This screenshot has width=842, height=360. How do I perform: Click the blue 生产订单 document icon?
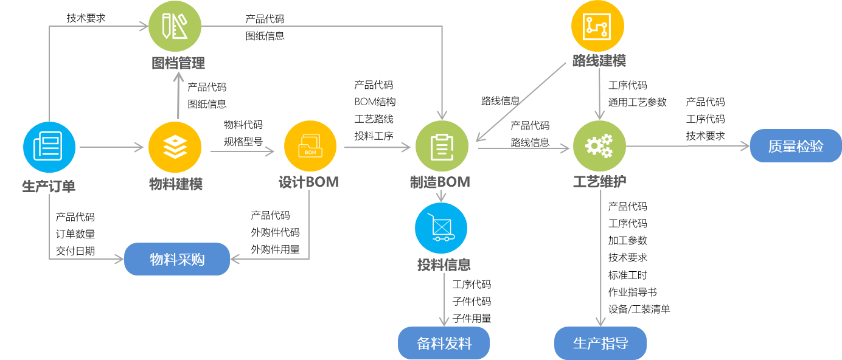pyautogui.click(x=49, y=147)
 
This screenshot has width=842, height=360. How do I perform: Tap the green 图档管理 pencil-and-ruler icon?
pyautogui.click(x=175, y=26)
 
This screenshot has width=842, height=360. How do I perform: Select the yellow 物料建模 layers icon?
pyautogui.click(x=175, y=147)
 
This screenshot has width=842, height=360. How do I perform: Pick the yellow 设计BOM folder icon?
pyautogui.click(x=310, y=147)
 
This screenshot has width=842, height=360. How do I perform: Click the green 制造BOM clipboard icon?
pyautogui.click(x=442, y=147)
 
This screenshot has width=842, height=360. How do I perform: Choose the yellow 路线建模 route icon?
pyautogui.click(x=597, y=26)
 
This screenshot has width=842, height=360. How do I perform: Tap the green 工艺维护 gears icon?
pyautogui.click(x=599, y=147)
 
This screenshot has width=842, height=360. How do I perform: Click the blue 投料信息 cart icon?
pyautogui.click(x=441, y=229)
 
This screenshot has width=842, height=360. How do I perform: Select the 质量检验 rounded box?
pyautogui.click(x=795, y=147)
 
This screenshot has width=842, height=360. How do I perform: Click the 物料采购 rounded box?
pyautogui.click(x=177, y=260)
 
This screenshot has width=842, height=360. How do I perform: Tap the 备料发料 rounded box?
pyautogui.click(x=444, y=343)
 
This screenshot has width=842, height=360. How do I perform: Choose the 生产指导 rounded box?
pyautogui.click(x=600, y=343)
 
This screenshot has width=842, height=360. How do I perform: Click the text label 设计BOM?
pyautogui.click(x=308, y=182)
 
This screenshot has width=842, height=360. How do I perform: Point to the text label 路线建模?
pyautogui.click(x=599, y=61)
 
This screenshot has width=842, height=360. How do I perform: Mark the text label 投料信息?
pyautogui.click(x=444, y=265)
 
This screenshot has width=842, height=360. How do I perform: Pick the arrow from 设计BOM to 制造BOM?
pyautogui.click(x=377, y=147)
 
